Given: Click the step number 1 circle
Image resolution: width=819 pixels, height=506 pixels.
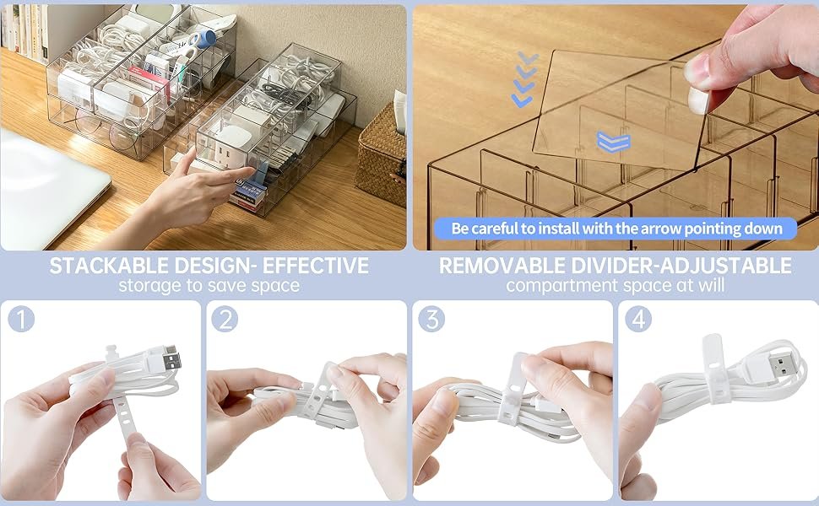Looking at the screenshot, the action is tap(21, 320).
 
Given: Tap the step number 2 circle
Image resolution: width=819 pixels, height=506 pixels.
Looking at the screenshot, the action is tap(225, 320).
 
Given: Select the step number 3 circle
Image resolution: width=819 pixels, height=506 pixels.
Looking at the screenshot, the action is tap(431, 320).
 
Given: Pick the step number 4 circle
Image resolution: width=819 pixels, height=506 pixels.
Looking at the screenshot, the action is tap(638, 320).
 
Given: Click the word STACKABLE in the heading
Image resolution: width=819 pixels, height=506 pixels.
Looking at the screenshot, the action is tap(109, 266).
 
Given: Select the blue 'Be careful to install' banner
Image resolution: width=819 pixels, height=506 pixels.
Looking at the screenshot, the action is tap(616, 229).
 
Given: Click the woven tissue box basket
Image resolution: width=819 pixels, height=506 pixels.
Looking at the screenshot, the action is tap(382, 157).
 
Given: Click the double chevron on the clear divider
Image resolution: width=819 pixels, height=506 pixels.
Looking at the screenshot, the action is tap(613, 143).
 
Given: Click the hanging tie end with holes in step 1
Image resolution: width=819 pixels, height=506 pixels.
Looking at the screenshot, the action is tap(125, 417).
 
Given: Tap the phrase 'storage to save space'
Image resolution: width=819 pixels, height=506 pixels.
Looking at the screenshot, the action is tap(209, 286).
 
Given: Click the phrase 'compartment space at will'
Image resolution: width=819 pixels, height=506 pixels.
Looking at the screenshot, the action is tap(616, 286).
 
